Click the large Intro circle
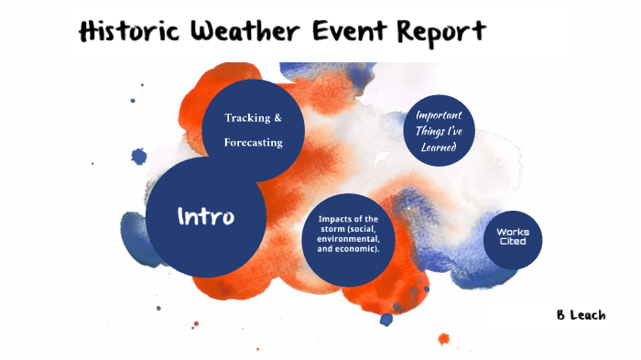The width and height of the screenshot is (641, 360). tap(206, 217)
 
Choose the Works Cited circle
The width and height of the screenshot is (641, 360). tap(512, 237)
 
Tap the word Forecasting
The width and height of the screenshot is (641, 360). tap(254, 142)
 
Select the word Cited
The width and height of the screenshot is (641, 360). tap(512, 243)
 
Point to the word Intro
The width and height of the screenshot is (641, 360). tap(206, 217)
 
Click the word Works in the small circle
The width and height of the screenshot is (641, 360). tap(512, 232)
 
